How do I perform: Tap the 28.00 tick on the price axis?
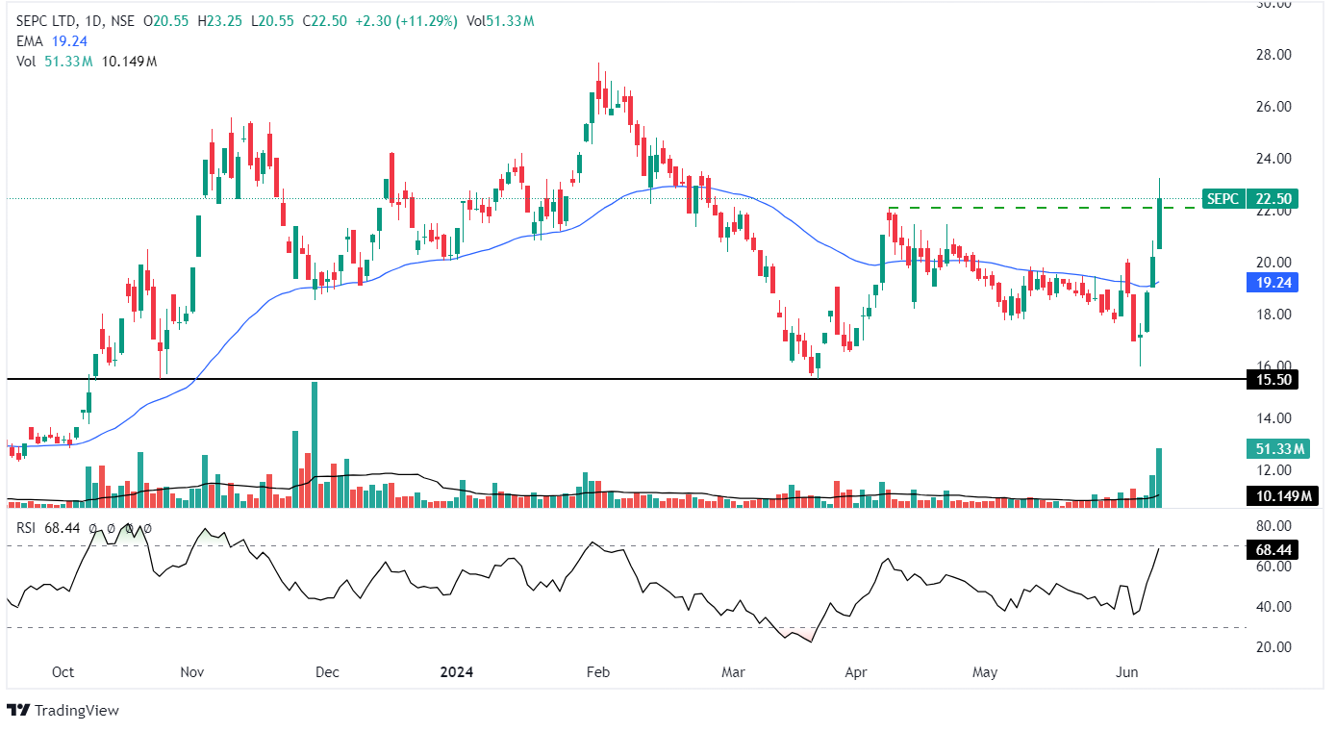point(1274,55)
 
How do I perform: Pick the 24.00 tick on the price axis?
point(1274,159)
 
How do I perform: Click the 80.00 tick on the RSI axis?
point(1274,526)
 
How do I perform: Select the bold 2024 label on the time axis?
point(456,671)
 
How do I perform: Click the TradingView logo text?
point(76,711)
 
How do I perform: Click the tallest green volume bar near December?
point(314,442)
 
